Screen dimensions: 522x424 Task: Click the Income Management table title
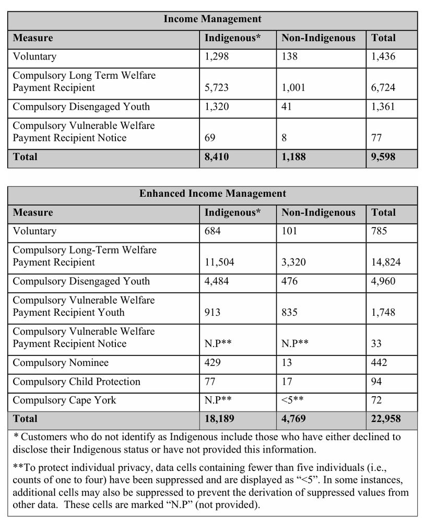[213, 19]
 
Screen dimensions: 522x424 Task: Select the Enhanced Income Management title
[213, 194]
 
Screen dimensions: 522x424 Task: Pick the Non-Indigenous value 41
[287, 107]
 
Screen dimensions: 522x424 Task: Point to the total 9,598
[384, 157]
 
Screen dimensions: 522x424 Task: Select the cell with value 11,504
[219, 263]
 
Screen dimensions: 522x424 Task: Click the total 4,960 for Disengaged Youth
[384, 281]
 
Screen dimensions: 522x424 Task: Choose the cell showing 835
[290, 313]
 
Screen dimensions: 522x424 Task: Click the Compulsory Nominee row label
[61, 363]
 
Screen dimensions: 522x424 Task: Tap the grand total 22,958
[386, 419]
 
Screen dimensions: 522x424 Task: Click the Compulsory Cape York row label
[64, 400]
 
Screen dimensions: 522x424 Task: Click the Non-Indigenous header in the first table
[318, 38]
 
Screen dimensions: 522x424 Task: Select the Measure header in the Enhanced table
[33, 212]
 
